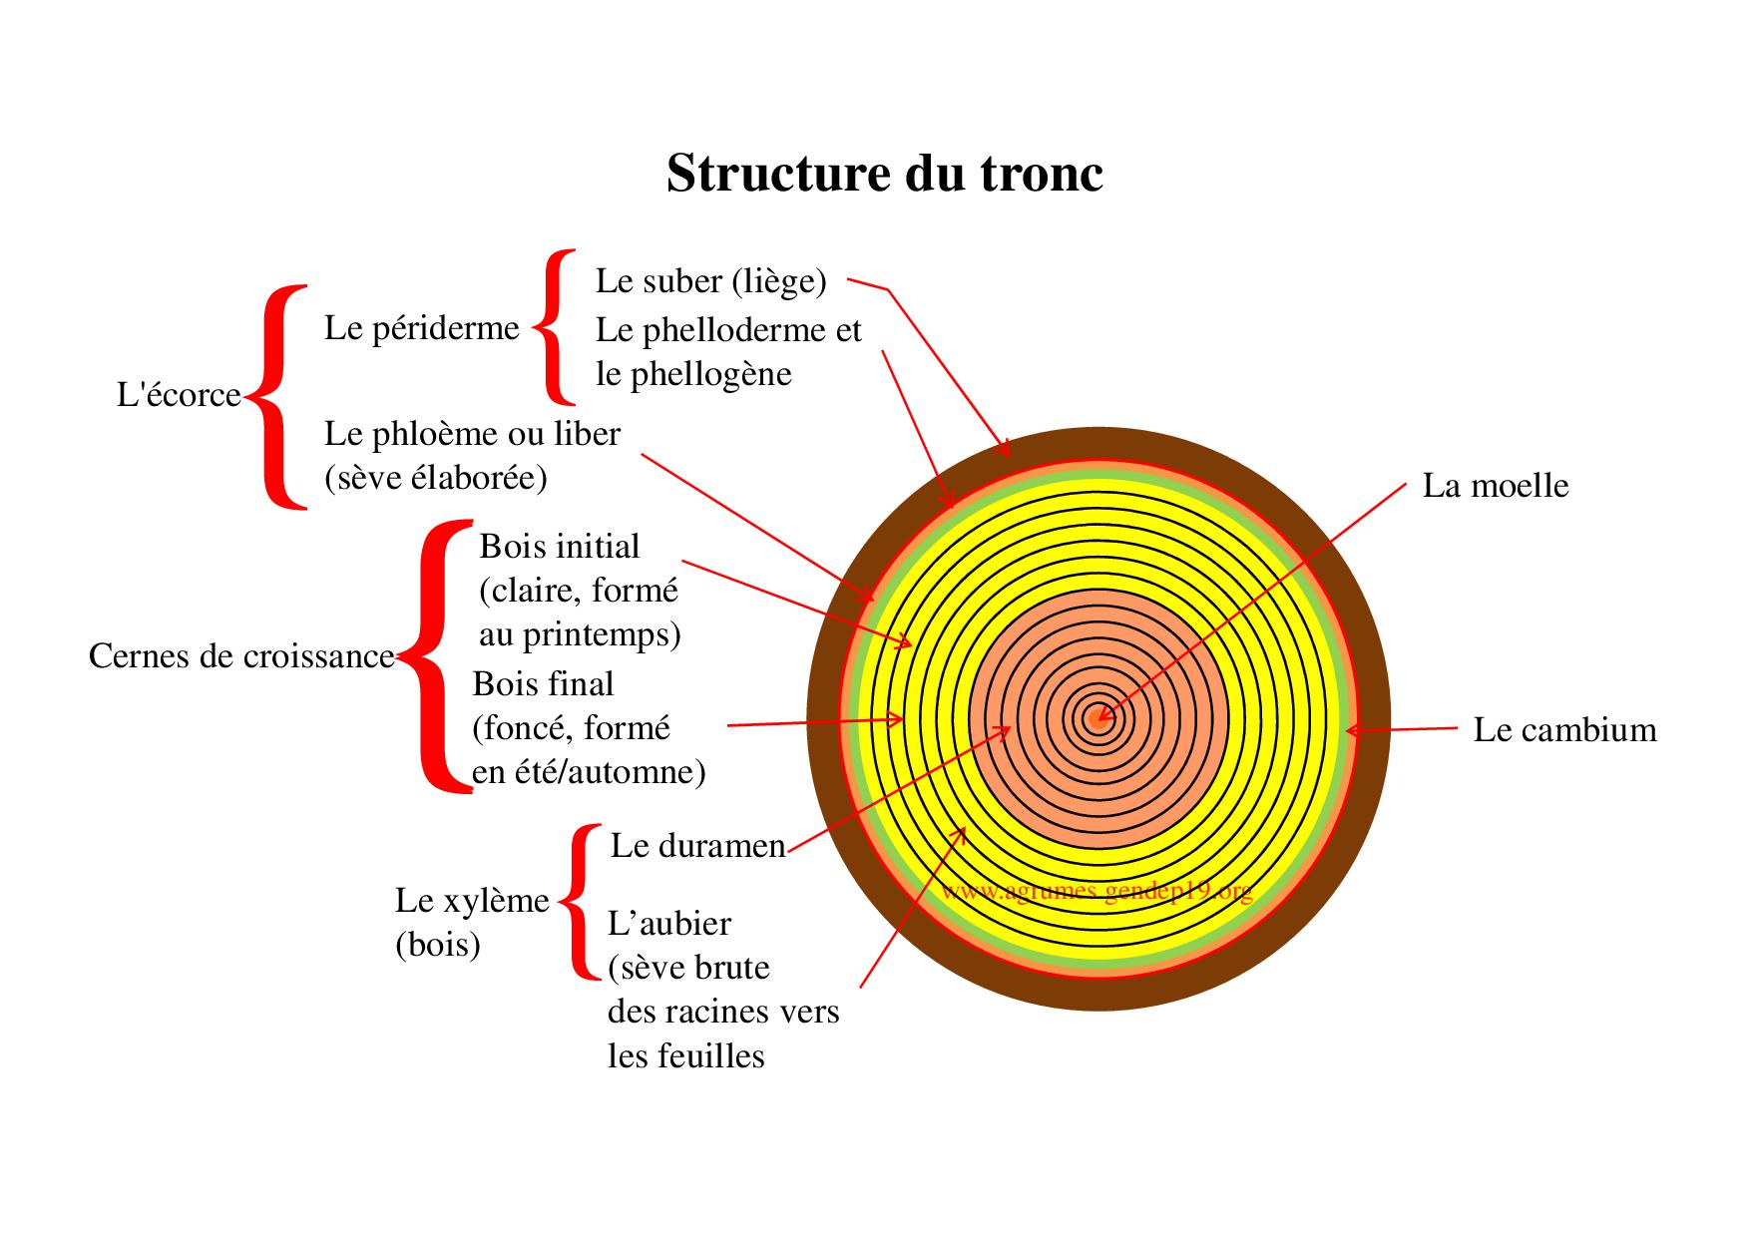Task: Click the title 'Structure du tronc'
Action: coord(884,174)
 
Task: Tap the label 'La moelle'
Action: coord(1495,486)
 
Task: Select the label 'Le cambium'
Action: coord(1564,730)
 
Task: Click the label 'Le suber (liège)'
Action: coord(710,281)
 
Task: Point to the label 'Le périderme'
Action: coord(421,328)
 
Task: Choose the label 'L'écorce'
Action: coord(179,396)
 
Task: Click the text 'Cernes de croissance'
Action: coord(241,656)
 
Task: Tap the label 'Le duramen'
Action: coord(697,846)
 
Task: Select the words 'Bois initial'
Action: coord(559,547)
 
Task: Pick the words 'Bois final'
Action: coord(543,684)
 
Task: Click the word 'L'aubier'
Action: coord(668,924)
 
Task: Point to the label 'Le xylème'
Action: coord(472,901)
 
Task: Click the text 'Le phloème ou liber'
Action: coord(472,434)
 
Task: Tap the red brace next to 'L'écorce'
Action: coord(275,397)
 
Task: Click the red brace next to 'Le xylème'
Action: coord(580,901)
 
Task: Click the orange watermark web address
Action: coord(1095,891)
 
